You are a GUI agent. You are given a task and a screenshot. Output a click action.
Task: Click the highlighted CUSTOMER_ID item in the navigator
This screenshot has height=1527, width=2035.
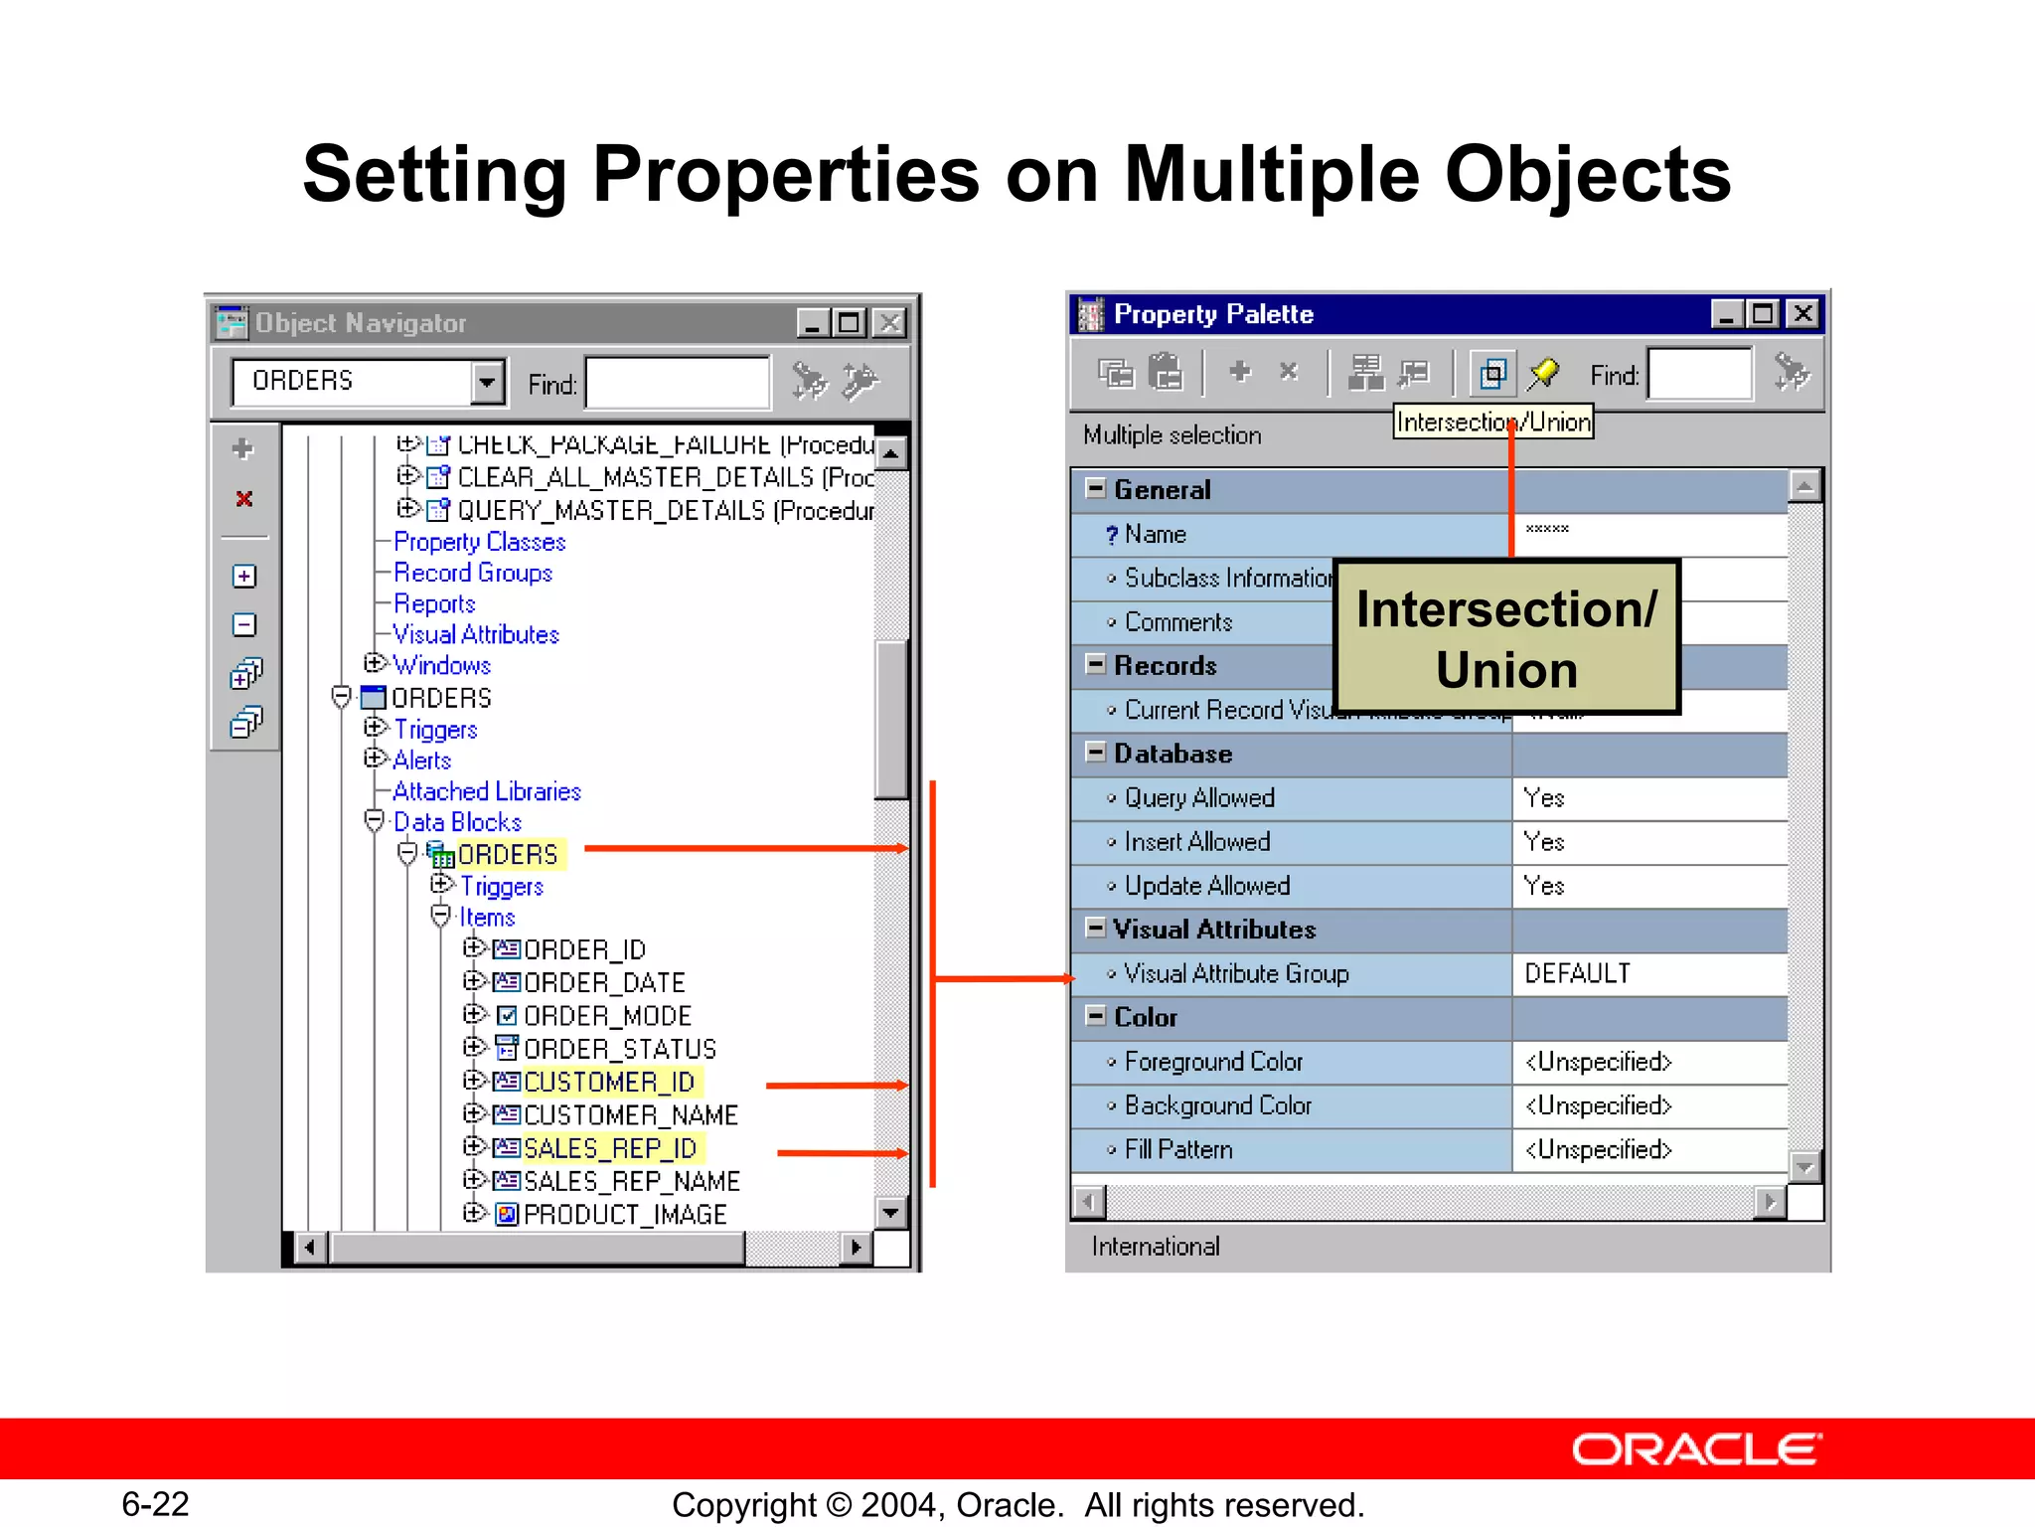tap(608, 1082)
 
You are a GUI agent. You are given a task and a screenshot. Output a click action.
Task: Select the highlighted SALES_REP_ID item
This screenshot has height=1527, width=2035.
tap(609, 1148)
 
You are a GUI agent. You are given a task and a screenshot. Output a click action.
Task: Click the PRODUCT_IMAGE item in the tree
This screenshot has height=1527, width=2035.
tap(624, 1214)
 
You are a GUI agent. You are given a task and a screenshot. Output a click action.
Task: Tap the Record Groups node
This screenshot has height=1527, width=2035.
tap(472, 573)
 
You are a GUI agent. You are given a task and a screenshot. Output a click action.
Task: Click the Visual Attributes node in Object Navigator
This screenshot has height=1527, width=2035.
tap(475, 634)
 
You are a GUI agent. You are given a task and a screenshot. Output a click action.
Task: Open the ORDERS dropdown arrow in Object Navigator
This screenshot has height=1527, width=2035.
tap(487, 382)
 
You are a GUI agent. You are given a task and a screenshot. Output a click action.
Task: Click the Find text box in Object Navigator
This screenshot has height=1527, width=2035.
tap(678, 383)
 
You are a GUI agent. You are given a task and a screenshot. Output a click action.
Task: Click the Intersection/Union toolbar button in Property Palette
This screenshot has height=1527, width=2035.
tap(1492, 374)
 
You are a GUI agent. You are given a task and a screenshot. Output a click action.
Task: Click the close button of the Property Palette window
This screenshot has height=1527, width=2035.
tap(1802, 314)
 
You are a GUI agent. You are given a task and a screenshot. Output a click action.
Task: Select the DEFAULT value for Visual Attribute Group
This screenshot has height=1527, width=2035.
tap(1577, 973)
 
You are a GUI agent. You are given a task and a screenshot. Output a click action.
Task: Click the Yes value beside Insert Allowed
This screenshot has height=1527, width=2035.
tap(1544, 842)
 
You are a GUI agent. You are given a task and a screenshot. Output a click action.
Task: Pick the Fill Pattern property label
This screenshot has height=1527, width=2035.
tap(1177, 1149)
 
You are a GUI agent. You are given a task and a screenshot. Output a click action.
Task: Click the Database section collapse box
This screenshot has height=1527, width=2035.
tap(1095, 753)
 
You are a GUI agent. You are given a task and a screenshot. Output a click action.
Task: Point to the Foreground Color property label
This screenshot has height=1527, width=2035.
tap(1212, 1062)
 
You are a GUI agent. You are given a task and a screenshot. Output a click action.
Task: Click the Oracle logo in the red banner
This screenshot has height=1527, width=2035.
tap(1696, 1449)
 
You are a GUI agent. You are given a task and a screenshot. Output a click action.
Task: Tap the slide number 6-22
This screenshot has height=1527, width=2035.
tap(155, 1503)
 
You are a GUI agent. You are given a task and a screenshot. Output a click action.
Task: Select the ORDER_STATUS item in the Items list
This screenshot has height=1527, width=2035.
tap(618, 1049)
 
